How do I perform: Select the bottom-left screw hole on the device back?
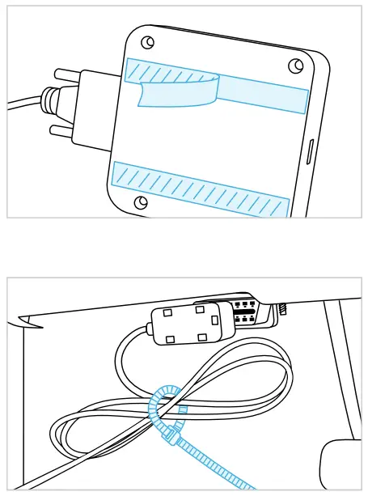tap(142, 201)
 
